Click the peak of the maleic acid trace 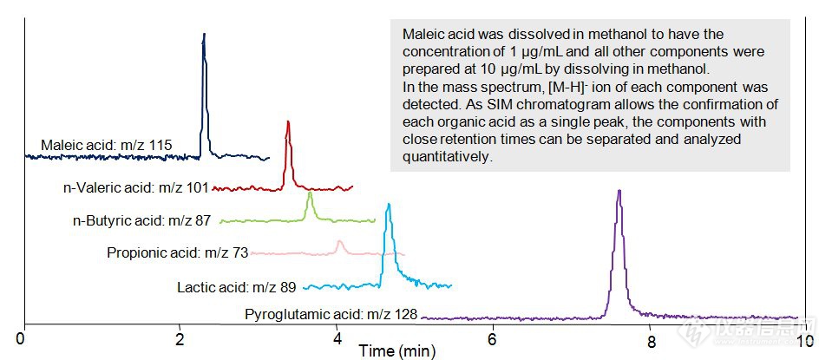204,36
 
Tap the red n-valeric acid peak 288,125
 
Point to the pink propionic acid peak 340,242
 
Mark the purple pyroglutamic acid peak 619,192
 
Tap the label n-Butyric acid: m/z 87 142,220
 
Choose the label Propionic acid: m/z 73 178,252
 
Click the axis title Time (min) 398,351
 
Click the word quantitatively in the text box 447,157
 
